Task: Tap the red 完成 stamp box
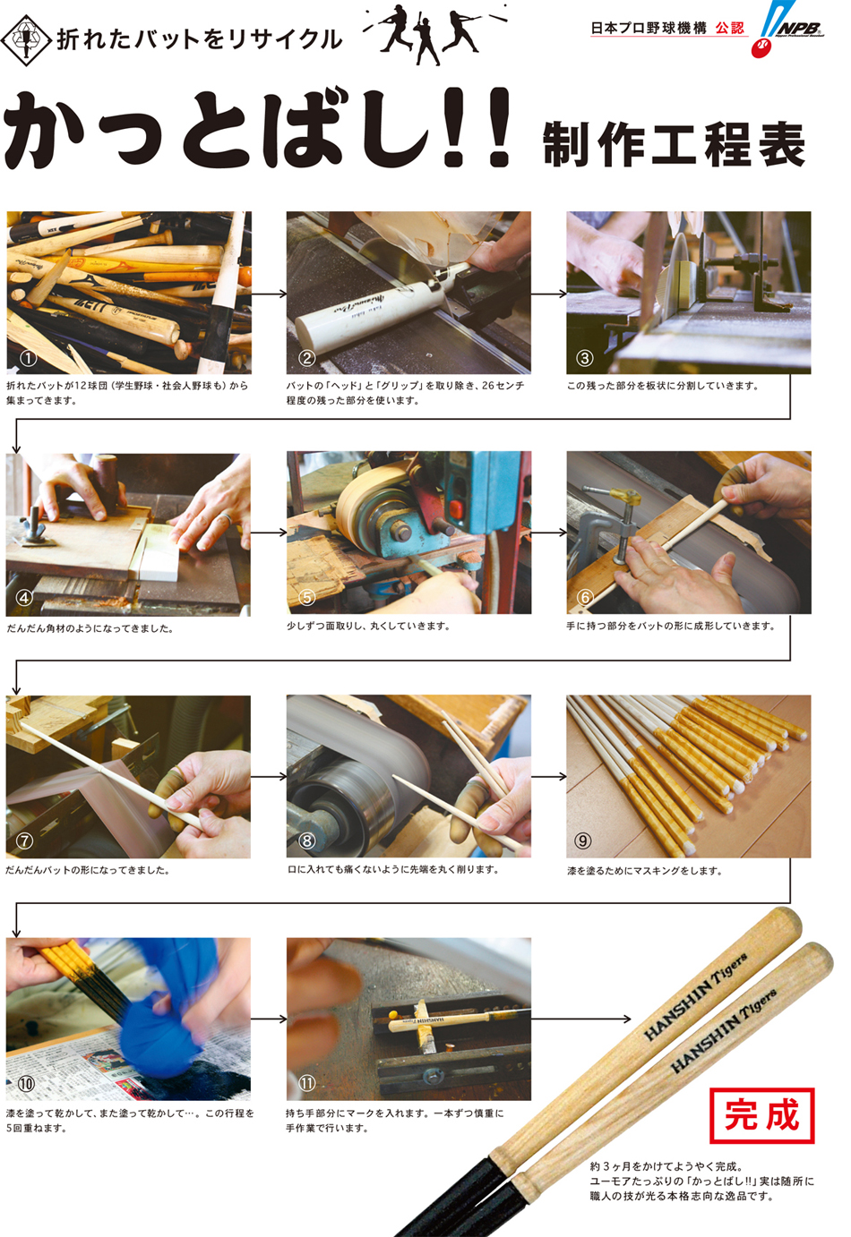[762, 1115]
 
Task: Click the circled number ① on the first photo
[28, 358]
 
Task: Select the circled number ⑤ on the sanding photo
[306, 598]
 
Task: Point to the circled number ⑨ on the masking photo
[583, 840]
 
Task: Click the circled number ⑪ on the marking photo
[306, 1083]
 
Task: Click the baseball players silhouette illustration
[434, 33]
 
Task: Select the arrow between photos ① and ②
[269, 294]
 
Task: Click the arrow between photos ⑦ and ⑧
[269, 777]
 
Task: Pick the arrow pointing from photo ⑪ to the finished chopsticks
[580, 1019]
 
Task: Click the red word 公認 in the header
[729, 28]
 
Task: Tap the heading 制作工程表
[674, 145]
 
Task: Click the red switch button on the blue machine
[456, 508]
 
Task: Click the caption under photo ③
[663, 386]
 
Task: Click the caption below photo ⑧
[393, 869]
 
